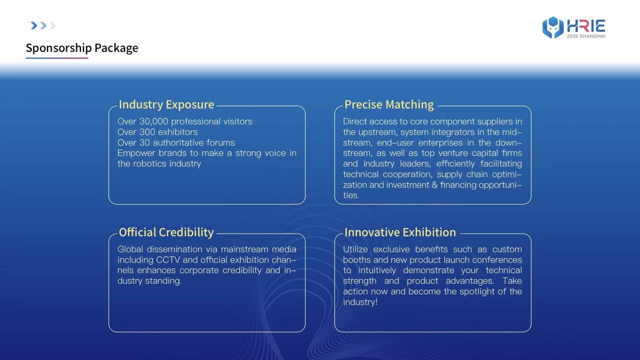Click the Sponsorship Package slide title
point(82,48)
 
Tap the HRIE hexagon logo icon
point(553,27)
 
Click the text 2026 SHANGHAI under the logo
point(586,36)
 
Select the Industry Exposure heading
point(166,105)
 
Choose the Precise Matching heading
point(389,105)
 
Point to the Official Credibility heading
point(166,232)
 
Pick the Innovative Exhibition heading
point(400,232)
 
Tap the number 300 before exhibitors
point(147,132)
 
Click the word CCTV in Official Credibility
point(168,260)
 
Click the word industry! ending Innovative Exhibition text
point(360,302)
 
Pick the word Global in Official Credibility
point(130,249)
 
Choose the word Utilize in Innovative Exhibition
point(355,249)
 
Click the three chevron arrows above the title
point(43,26)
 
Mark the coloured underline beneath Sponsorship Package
point(57,58)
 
